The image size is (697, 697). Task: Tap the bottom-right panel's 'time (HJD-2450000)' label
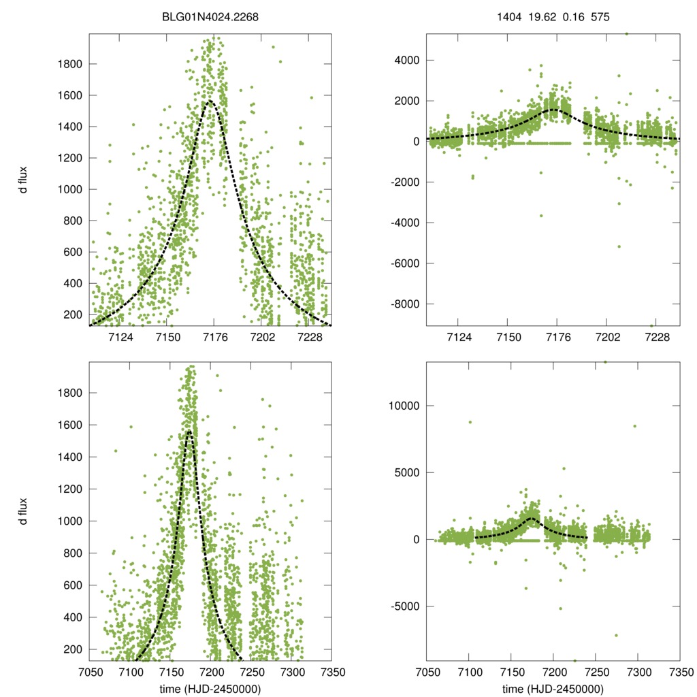[x=553, y=689]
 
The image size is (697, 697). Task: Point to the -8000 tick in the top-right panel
[x=406, y=304]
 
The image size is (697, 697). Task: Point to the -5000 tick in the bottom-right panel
[x=406, y=606]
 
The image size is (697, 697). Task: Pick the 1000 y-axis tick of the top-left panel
[x=69, y=189]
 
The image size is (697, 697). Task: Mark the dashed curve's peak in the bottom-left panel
[x=189, y=432]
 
